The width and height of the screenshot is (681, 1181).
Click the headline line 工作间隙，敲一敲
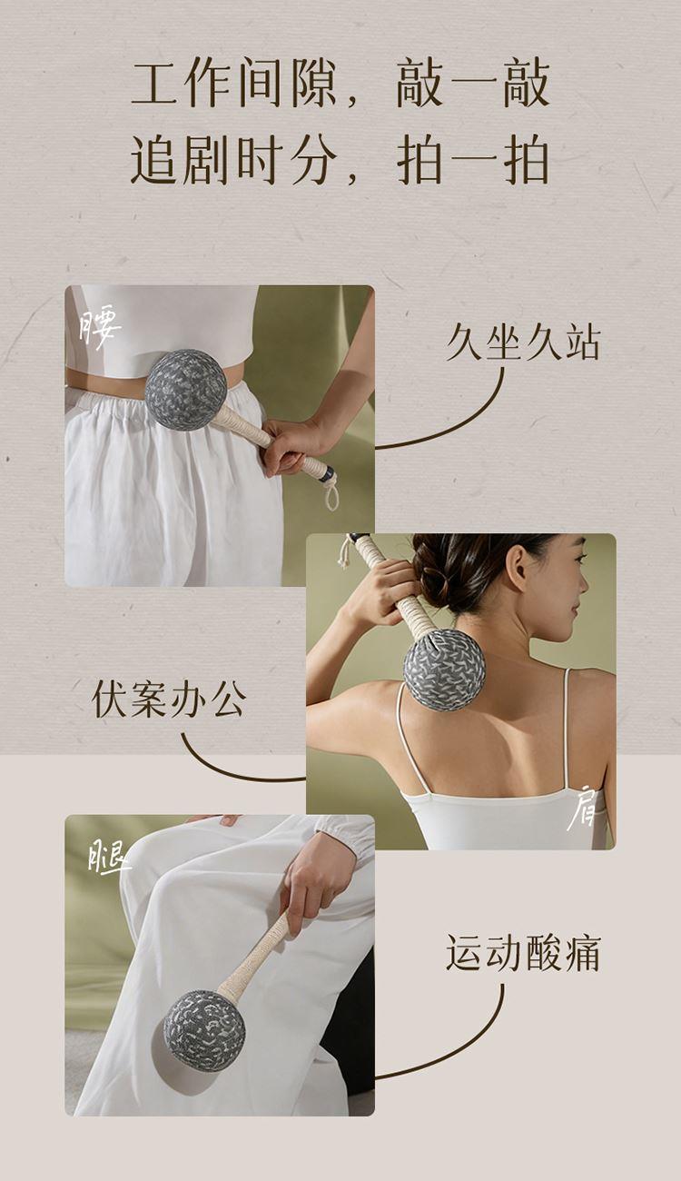(340, 84)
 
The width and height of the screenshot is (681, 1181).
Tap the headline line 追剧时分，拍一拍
(340, 159)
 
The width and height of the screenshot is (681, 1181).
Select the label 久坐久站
(523, 343)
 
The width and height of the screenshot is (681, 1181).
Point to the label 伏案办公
(169, 700)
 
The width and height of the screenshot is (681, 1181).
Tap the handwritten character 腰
(100, 329)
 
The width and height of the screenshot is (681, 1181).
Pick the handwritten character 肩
(582, 816)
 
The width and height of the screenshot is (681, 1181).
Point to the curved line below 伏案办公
(227, 766)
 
